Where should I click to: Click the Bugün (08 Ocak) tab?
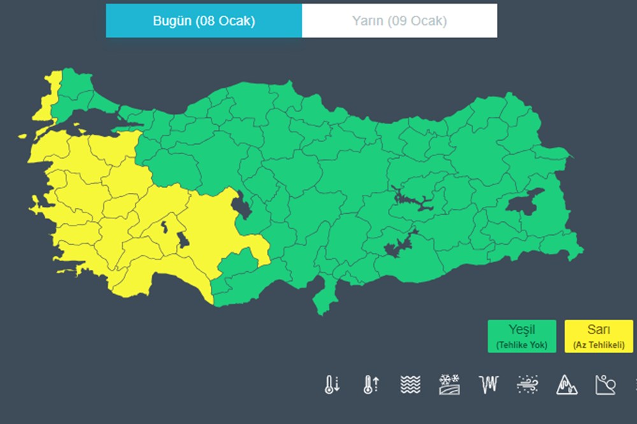pos(204,21)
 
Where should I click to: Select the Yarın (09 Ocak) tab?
pos(399,21)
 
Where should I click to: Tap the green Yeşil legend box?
pos(522,336)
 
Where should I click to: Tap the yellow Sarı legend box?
pos(599,336)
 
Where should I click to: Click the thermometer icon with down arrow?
pos(332,384)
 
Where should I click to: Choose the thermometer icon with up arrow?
pos(371,384)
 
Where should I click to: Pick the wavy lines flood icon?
pos(411,384)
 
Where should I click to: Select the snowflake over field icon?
pos(449,384)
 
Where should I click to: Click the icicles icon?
pos(489,384)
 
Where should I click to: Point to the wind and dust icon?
pos(528,384)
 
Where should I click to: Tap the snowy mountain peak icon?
pos(566,384)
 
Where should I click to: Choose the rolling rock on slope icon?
pos(605,384)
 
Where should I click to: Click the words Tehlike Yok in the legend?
pos(522,345)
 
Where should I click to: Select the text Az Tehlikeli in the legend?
pos(599,345)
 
